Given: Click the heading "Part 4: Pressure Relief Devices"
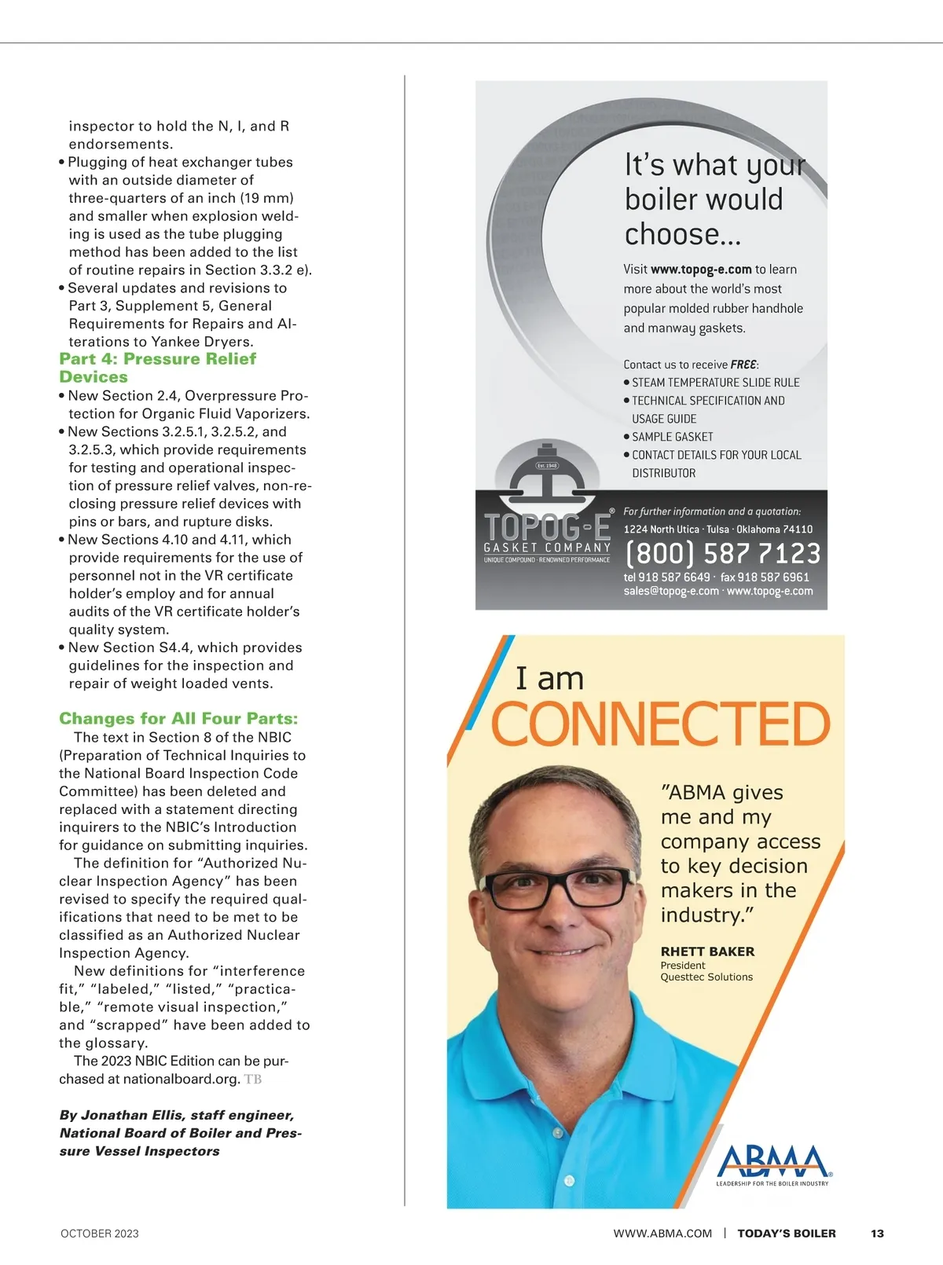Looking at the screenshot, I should point(157,368).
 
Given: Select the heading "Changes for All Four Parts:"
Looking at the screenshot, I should point(178,718).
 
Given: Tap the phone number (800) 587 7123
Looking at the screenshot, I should point(722,553).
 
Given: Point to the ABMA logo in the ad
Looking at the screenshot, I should point(772,1164).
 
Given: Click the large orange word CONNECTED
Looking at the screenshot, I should point(660,724).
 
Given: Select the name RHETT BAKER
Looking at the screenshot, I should point(707,951).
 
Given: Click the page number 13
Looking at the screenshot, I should point(877,1234).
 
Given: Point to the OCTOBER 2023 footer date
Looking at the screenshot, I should point(100,1234).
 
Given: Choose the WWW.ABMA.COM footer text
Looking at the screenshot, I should point(662,1234).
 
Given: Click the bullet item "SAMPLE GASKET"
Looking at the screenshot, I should point(673,437).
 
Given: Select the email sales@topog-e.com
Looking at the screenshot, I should point(671,591).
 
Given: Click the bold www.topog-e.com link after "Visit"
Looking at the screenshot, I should point(701,269).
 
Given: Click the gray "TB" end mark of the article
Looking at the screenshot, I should point(253,1080).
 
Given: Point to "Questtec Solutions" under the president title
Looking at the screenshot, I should point(706,977).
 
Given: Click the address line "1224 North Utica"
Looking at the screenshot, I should point(661,530).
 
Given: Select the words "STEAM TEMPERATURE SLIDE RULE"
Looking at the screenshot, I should point(716,383).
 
